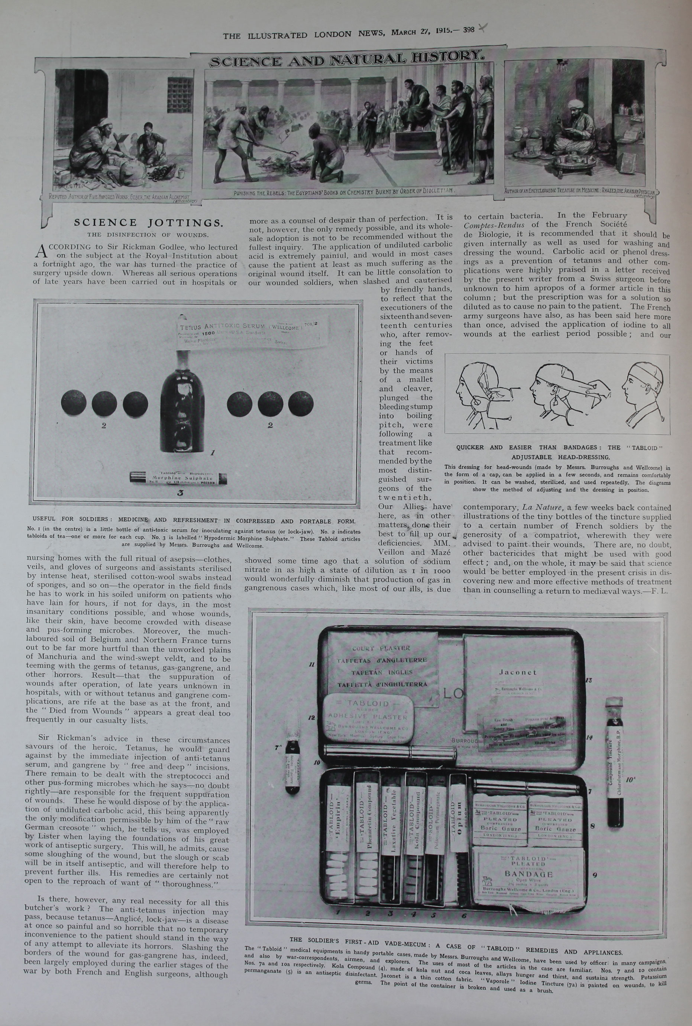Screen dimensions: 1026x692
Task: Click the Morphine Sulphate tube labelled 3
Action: [x=178, y=478]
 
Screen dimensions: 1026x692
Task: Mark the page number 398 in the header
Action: [x=469, y=30]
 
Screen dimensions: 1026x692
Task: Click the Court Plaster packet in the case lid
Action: [x=382, y=667]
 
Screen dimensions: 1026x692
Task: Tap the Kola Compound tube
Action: [x=415, y=839]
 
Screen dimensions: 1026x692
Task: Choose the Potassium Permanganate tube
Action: [x=436, y=839]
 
